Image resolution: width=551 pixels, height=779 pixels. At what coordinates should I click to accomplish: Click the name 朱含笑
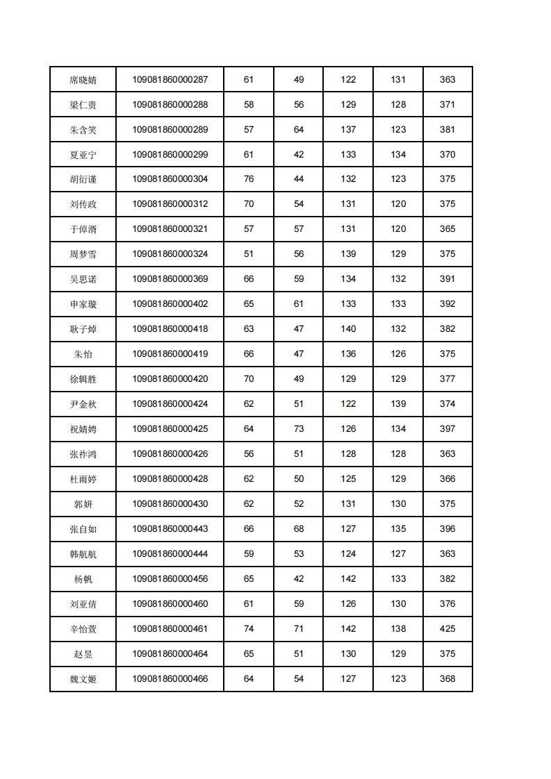point(83,130)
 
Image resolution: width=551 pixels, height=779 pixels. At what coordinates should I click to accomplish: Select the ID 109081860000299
point(170,155)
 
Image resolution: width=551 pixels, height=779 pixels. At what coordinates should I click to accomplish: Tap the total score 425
point(447,629)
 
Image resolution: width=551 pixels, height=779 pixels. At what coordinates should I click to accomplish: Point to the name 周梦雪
point(83,255)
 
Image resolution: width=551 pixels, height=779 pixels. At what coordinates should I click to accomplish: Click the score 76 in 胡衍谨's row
point(249,179)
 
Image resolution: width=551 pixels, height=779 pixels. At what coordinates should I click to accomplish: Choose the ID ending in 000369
point(170,279)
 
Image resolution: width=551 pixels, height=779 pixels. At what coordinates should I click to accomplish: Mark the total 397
point(447,429)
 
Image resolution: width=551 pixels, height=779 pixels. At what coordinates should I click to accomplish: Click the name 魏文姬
point(83,679)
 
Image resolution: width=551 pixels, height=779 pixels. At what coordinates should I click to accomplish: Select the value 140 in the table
point(348,329)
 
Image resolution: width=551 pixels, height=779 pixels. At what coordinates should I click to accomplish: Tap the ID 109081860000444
point(170,554)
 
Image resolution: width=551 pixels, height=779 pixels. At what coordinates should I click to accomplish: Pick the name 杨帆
point(83,579)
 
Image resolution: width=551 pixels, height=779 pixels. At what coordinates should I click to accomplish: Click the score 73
point(299,429)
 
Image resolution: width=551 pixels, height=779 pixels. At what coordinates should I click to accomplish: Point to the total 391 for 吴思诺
point(447,279)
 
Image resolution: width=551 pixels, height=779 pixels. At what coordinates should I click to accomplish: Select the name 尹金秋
point(83,404)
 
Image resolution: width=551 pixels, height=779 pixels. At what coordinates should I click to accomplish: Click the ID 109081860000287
point(170,80)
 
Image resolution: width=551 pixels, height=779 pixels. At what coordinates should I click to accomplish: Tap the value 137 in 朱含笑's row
point(348,130)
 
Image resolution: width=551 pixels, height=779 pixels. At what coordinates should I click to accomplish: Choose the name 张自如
point(83,529)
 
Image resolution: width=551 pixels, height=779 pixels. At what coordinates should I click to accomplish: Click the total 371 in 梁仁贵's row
point(447,105)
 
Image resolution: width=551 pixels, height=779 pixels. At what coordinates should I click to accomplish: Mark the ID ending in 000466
point(170,679)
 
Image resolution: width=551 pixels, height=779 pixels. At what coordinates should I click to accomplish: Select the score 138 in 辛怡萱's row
point(398,629)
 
